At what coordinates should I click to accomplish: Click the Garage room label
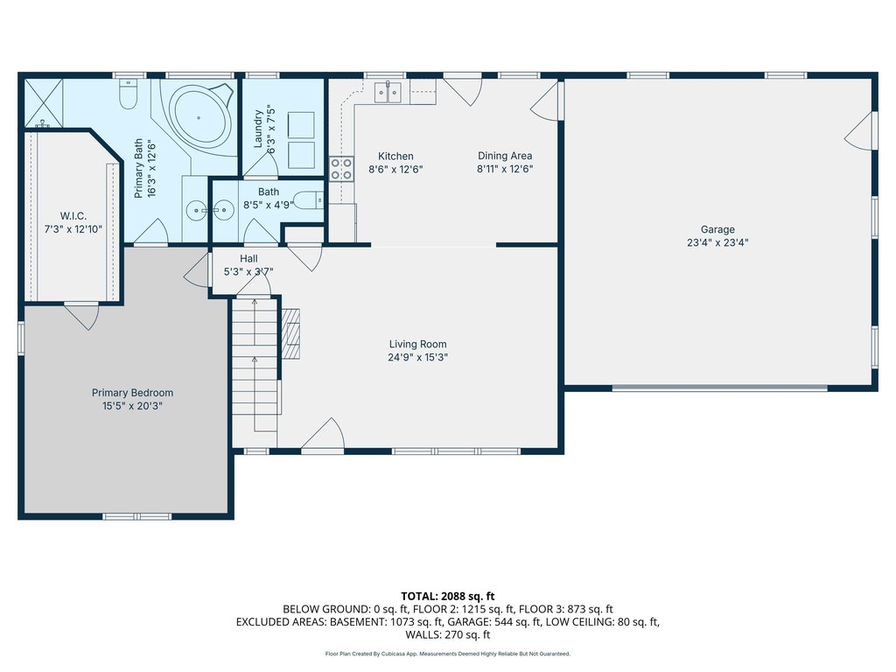tap(717, 229)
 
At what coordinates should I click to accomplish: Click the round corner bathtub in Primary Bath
tap(199, 117)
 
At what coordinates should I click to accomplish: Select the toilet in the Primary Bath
tap(129, 93)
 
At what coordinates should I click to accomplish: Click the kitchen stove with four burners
tap(342, 169)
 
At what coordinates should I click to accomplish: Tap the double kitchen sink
tap(388, 93)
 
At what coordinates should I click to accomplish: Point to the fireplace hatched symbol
tap(290, 334)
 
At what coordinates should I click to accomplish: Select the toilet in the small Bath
tap(309, 200)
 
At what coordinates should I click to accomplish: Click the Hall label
tap(248, 259)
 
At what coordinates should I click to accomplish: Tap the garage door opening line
tap(720, 388)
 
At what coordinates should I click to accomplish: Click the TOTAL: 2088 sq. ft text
tap(447, 597)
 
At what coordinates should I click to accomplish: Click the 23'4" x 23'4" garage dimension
tap(717, 242)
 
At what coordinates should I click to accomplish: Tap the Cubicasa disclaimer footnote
tap(447, 654)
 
